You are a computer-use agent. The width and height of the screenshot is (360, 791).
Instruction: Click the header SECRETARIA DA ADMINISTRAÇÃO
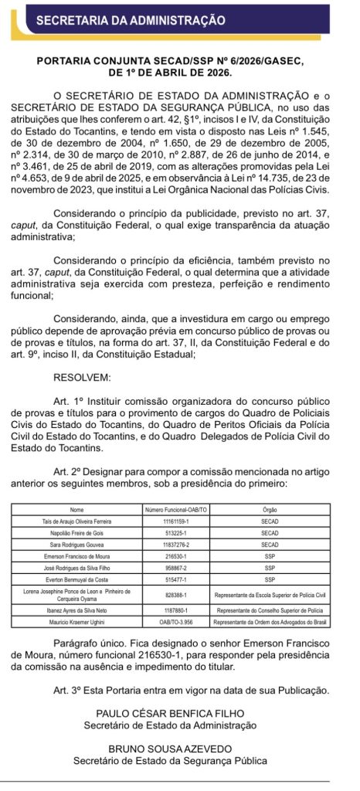[x=131, y=20]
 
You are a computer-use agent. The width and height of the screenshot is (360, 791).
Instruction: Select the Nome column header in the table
[x=76, y=511]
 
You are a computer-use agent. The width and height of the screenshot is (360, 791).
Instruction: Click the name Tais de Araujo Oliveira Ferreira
[x=76, y=522]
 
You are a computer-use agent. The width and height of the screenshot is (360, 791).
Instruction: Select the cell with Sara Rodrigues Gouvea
[x=76, y=545]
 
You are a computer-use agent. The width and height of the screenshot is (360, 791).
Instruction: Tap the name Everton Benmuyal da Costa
[x=76, y=578]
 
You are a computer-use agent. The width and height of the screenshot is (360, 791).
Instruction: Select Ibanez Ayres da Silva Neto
[x=76, y=611]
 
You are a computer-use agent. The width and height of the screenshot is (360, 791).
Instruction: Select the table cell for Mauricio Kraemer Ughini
[x=76, y=623]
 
